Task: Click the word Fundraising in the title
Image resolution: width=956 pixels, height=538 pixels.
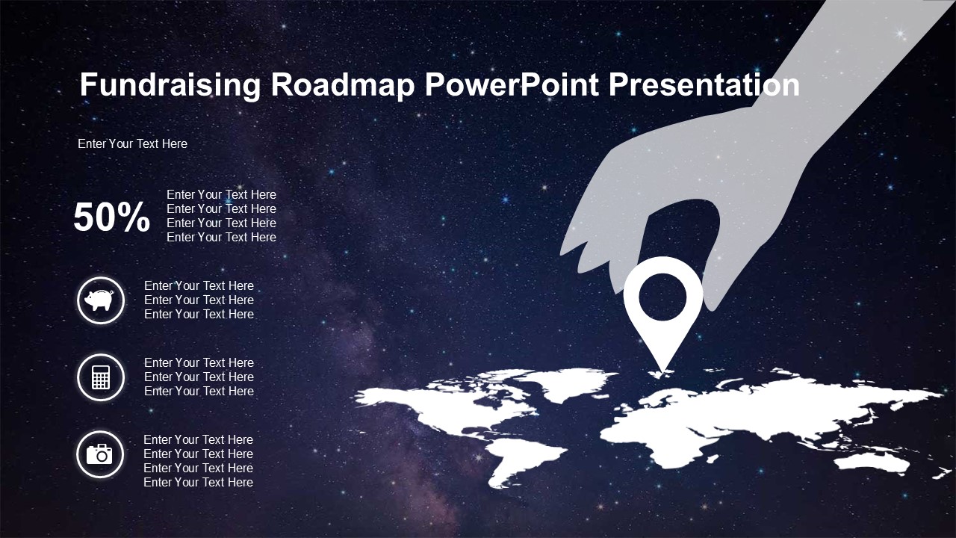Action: (x=170, y=85)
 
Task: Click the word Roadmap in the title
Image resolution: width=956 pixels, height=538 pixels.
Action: (x=343, y=84)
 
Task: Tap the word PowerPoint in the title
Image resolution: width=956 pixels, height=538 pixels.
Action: (x=512, y=84)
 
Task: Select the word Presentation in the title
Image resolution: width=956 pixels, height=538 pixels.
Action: (x=704, y=84)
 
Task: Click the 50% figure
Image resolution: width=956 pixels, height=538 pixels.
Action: (x=111, y=217)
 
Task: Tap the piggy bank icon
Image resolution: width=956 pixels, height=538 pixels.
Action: (x=100, y=300)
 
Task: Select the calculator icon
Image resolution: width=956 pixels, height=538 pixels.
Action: (x=101, y=377)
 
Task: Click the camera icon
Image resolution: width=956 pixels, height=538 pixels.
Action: (x=99, y=454)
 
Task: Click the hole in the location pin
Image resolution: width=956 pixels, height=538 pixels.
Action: (x=662, y=297)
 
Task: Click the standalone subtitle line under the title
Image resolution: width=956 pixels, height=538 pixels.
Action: (x=132, y=144)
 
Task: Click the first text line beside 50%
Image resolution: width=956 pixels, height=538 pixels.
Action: (x=221, y=195)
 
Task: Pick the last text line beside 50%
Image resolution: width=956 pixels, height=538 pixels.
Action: (x=221, y=237)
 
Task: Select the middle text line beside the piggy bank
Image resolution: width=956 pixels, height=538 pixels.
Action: (x=199, y=300)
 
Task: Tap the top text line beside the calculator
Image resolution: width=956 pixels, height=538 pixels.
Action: (x=199, y=363)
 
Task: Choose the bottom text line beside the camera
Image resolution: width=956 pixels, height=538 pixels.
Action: (x=198, y=483)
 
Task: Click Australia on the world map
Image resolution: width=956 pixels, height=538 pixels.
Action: (x=871, y=463)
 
